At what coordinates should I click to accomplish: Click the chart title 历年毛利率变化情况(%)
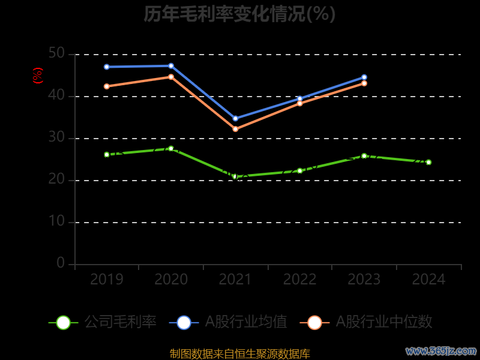coord(239,14)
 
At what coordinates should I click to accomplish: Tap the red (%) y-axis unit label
coord(38,76)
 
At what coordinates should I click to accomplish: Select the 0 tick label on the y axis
coord(61,263)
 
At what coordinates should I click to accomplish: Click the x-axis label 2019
coord(107,280)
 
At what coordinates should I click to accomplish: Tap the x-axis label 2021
coord(235,280)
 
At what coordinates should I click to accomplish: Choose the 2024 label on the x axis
coord(428,280)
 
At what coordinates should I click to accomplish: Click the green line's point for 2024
coord(428,162)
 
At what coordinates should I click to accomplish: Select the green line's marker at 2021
coord(235,176)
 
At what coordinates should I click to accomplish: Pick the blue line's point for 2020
coord(171,66)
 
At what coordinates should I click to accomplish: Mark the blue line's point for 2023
coord(364,77)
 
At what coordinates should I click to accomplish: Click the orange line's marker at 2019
coord(107,86)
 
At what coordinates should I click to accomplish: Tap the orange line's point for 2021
coord(235,129)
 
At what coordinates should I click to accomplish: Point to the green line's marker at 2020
coord(171,148)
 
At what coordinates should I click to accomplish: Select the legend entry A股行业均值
coord(228,322)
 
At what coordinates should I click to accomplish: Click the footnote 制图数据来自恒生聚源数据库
coord(239,353)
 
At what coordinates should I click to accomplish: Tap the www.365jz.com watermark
coord(441,350)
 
